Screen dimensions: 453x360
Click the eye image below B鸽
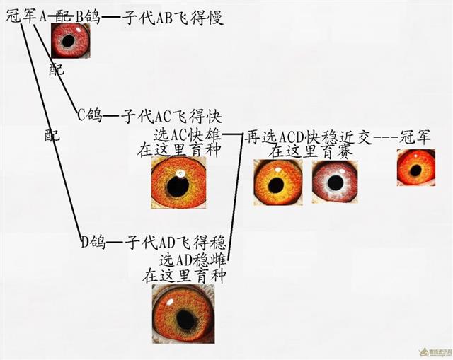coord(71,40)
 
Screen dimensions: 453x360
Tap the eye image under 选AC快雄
coord(179,182)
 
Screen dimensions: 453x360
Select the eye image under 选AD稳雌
coord(183,314)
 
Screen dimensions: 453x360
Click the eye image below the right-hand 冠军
coord(415,168)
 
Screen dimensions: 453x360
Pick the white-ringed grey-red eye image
coord(335,182)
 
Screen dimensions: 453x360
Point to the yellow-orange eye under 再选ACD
coord(278,182)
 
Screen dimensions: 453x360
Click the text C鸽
coord(90,115)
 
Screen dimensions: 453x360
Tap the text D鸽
coord(93,242)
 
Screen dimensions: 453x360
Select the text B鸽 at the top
coord(88,17)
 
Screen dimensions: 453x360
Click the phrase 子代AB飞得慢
coord(173,18)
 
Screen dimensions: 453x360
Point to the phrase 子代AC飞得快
coord(171,116)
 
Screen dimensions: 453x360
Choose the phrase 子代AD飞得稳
coord(175,243)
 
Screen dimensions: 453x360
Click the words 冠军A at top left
coord(26,16)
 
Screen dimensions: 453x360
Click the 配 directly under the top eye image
coord(57,69)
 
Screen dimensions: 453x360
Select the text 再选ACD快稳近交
coord(308,138)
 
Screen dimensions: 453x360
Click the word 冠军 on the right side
coord(415,137)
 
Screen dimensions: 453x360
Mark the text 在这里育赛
coord(311,152)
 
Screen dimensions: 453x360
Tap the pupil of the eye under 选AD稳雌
coord(185,319)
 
